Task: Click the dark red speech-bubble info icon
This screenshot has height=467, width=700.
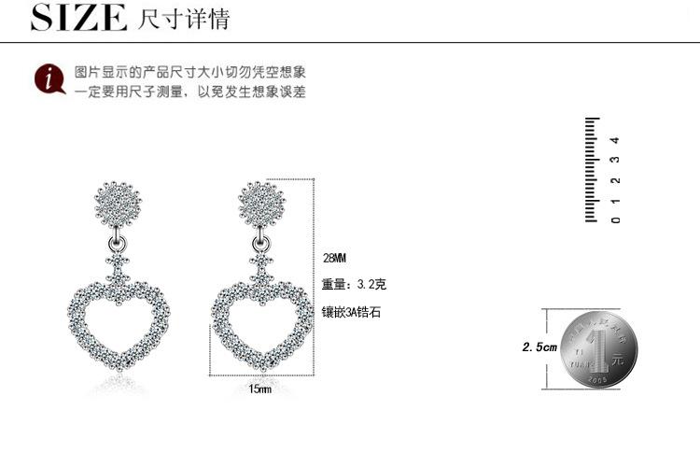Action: (46, 80)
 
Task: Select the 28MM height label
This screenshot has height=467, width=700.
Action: (334, 257)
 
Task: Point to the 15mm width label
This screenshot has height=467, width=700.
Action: (259, 389)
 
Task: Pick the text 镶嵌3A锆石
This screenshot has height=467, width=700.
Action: (352, 313)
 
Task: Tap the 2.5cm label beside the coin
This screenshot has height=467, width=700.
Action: (539, 347)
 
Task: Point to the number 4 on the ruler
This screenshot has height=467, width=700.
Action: (614, 141)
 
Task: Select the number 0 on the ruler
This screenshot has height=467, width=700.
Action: (614, 220)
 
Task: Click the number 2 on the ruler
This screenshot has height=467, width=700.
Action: (614, 181)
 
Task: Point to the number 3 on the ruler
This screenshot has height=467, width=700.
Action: (614, 161)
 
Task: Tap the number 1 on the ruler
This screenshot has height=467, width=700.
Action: (614, 201)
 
